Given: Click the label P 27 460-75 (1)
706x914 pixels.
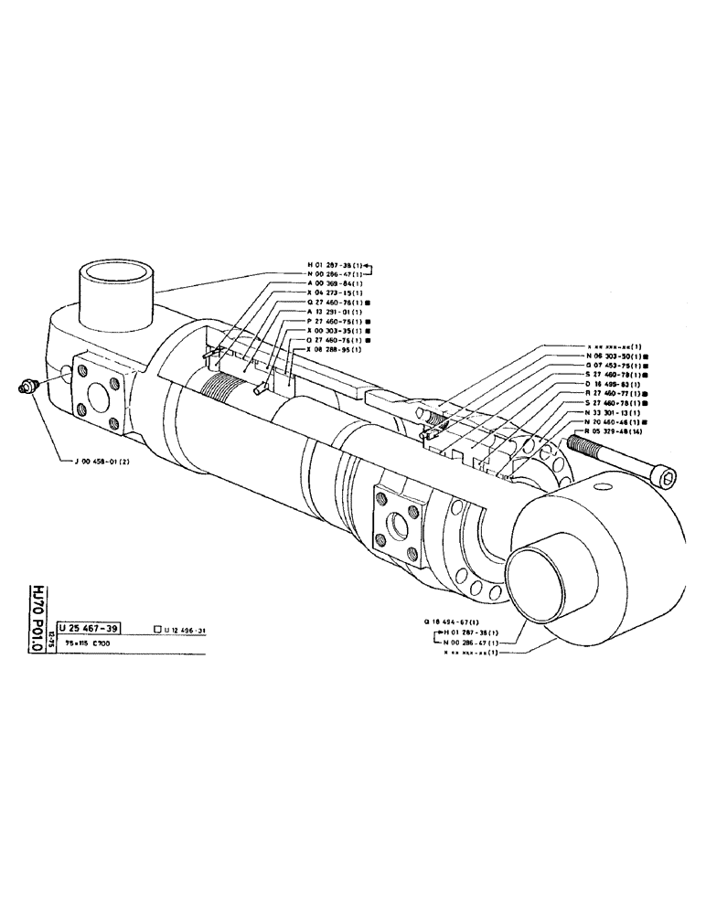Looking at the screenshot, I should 338,322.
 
